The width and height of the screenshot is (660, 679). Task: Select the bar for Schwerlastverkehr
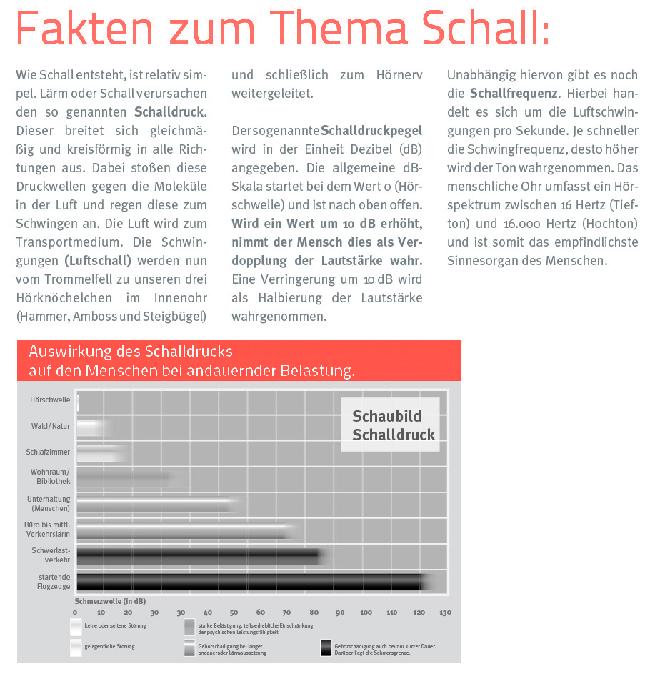tap(200, 557)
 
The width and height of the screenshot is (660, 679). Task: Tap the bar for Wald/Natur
tap(93, 427)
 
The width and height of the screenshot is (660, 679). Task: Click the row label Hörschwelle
tap(50, 400)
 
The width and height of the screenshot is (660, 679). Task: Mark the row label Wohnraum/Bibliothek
tap(50, 477)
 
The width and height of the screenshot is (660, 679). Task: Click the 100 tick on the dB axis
tap(366, 612)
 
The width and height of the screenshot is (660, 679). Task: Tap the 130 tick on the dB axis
tap(445, 612)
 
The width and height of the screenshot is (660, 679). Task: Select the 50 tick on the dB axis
tap(234, 612)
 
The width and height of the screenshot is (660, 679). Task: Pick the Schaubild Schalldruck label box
tap(390, 425)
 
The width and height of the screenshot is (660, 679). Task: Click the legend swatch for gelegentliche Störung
tap(76, 648)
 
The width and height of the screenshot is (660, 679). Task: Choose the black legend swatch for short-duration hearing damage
tap(328, 648)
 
